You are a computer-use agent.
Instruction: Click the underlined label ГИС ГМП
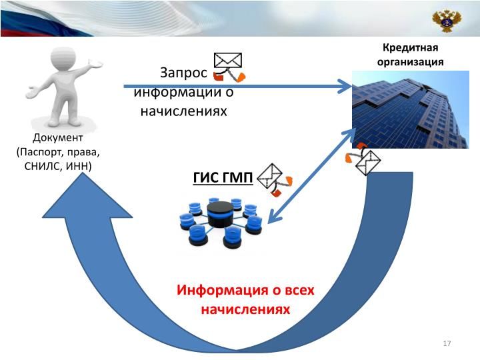tap(223, 177)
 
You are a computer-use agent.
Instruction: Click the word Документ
tap(57, 138)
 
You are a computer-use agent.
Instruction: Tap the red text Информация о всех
tap(245, 291)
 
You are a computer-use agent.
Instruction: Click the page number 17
tap(447, 343)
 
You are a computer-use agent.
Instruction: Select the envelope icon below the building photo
tap(367, 160)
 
